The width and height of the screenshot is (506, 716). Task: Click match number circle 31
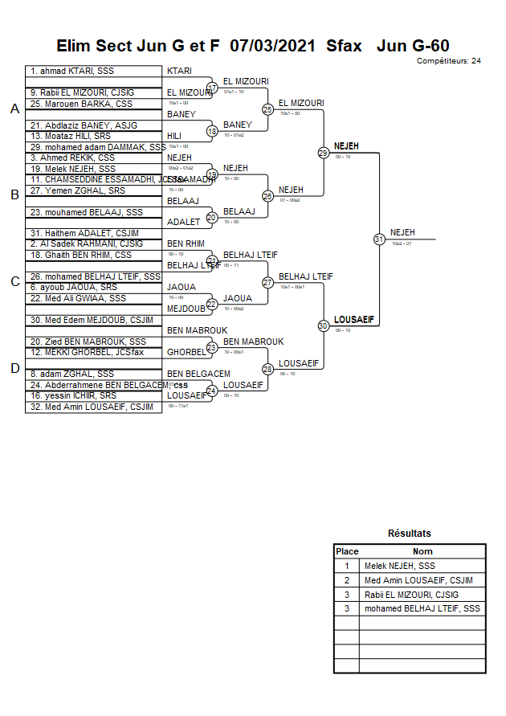click(378, 239)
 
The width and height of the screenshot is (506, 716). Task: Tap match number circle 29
click(323, 152)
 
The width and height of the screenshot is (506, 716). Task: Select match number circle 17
click(212, 88)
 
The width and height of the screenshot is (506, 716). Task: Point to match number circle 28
click(267, 369)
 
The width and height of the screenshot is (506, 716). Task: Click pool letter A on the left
click(14, 109)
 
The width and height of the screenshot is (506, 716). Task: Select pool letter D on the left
click(14, 368)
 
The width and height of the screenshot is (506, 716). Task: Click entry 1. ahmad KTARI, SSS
click(72, 72)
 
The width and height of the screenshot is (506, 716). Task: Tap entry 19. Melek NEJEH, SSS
click(73, 169)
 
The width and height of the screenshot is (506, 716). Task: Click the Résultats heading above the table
click(410, 534)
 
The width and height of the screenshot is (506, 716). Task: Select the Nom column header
click(422, 551)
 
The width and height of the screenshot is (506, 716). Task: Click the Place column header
click(347, 551)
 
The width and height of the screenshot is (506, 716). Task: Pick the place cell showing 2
click(347, 580)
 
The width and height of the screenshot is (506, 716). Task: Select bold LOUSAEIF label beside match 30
click(354, 319)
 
